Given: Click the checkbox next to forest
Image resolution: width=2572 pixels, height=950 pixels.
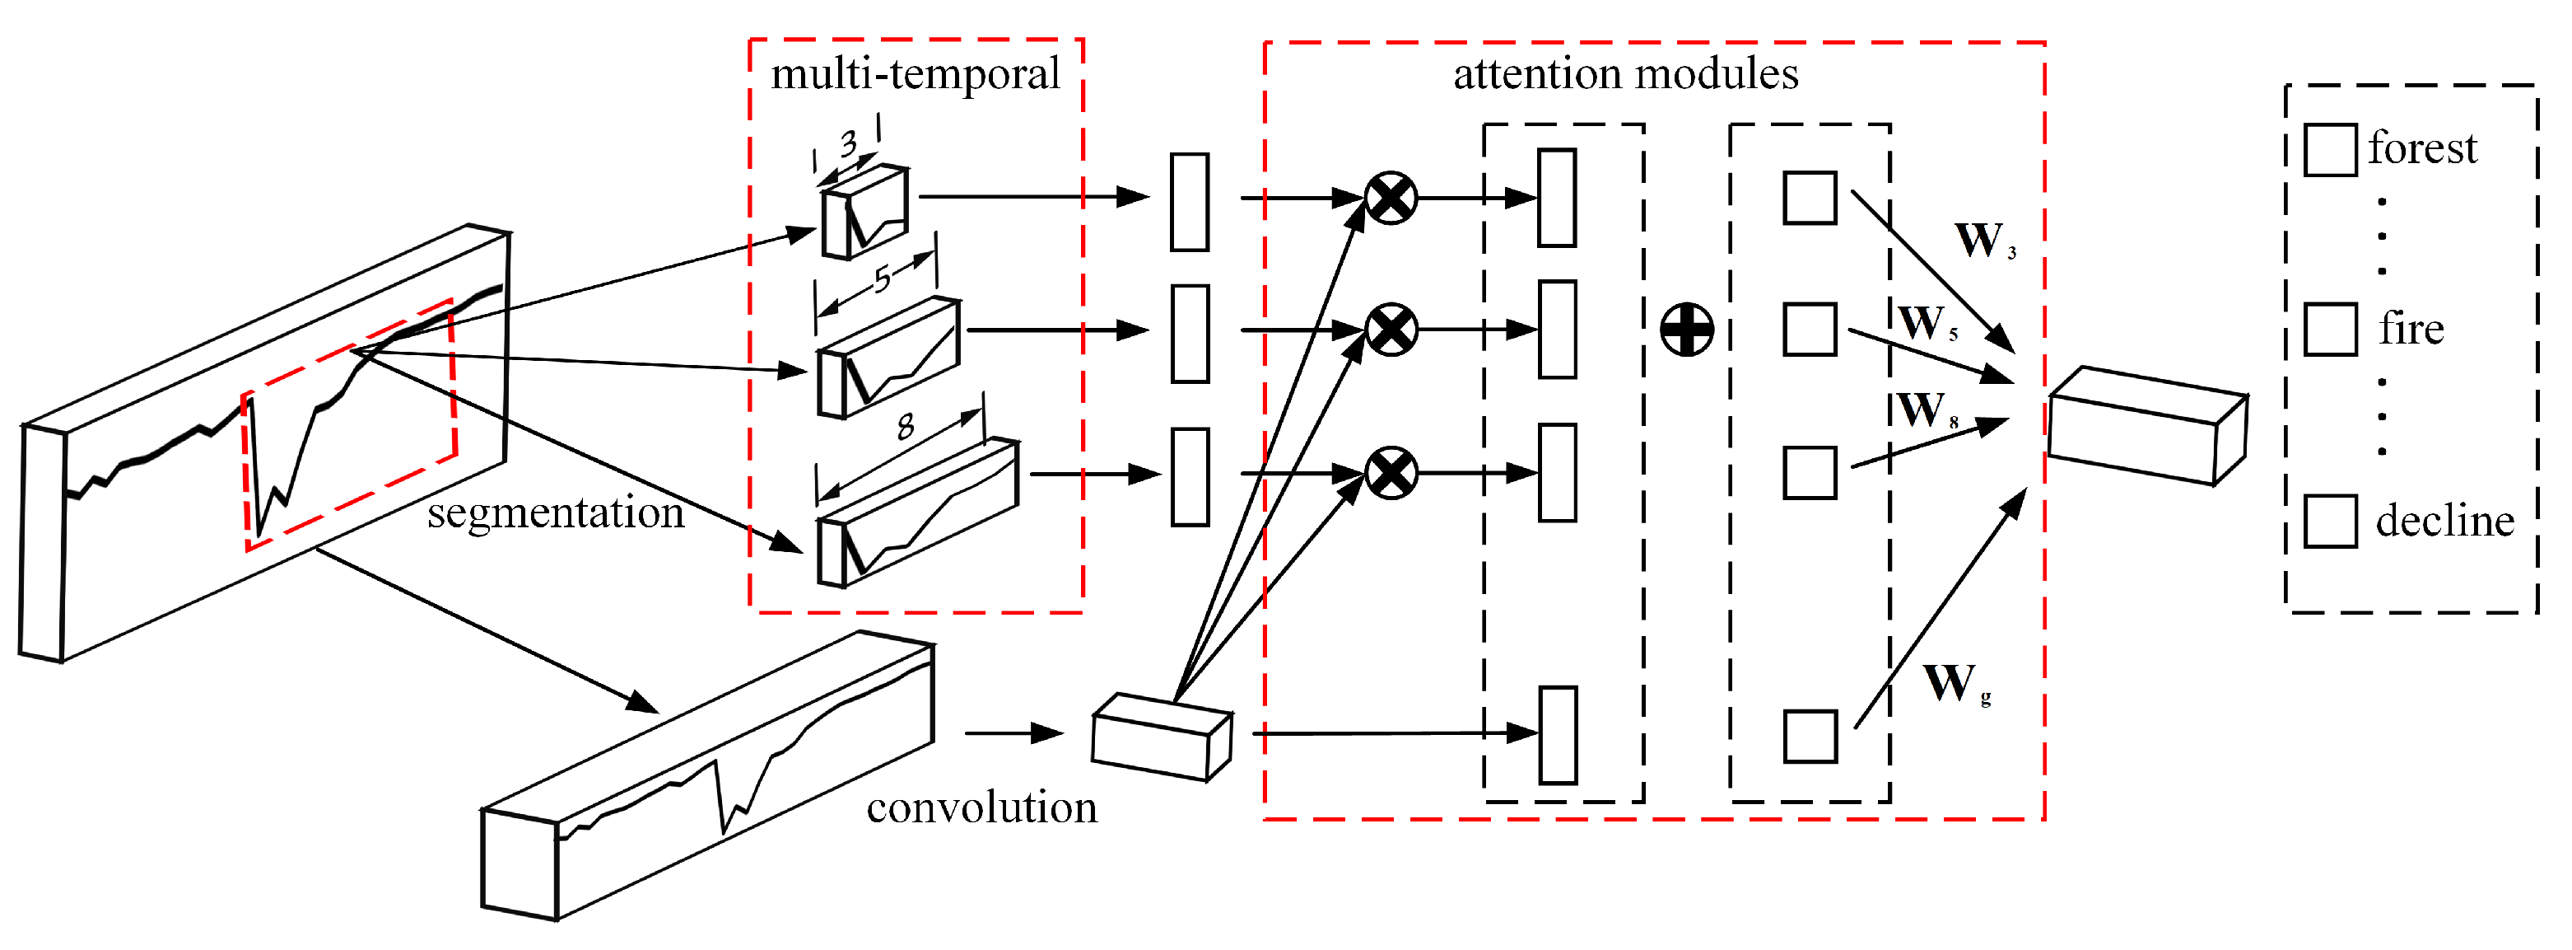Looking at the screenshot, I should tap(2331, 150).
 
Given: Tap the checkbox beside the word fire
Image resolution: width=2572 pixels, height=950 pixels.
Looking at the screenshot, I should tap(2331, 330).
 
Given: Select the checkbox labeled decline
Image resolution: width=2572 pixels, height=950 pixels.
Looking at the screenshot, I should tap(2331, 521).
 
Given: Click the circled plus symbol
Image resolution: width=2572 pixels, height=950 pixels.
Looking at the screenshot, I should tap(1686, 330).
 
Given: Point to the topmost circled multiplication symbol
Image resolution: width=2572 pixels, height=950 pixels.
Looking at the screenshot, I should tap(1391, 198).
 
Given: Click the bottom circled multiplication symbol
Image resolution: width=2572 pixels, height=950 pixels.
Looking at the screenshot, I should tap(1391, 472).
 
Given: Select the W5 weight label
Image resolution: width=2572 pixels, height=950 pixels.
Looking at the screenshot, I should tap(1926, 324).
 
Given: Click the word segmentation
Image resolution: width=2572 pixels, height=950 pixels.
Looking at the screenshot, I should tap(555, 512).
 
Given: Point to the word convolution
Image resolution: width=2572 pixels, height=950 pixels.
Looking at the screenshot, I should tap(981, 807).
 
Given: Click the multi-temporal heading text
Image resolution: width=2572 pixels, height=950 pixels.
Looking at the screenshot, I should tap(915, 74).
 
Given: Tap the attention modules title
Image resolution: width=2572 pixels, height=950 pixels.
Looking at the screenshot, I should tap(1624, 74).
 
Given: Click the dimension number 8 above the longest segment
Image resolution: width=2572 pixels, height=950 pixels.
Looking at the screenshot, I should tap(905, 428).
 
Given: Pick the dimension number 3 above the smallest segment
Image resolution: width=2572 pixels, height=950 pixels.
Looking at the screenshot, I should tap(848, 143).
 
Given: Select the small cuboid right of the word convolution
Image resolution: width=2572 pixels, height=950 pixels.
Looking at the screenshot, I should tap(1161, 737).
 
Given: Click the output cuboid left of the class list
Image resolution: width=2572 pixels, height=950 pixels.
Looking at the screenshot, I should tap(2146, 427).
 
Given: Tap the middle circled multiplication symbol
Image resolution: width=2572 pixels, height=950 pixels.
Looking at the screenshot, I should tap(1391, 330).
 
